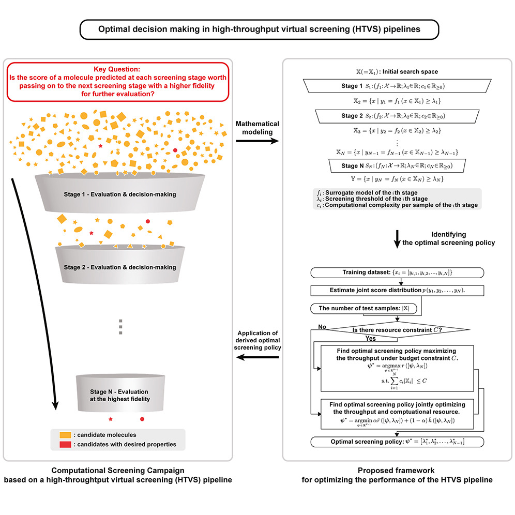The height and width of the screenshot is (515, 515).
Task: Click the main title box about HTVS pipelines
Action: (259, 29)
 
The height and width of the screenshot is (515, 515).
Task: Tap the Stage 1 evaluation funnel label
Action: (119, 194)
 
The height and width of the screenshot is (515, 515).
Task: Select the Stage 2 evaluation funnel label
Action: (119, 267)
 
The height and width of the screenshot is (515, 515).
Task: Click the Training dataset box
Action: (397, 272)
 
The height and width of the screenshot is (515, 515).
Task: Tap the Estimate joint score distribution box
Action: (397, 290)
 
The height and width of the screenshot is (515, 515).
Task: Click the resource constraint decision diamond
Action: (397, 329)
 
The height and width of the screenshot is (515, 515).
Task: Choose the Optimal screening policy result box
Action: (397, 442)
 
